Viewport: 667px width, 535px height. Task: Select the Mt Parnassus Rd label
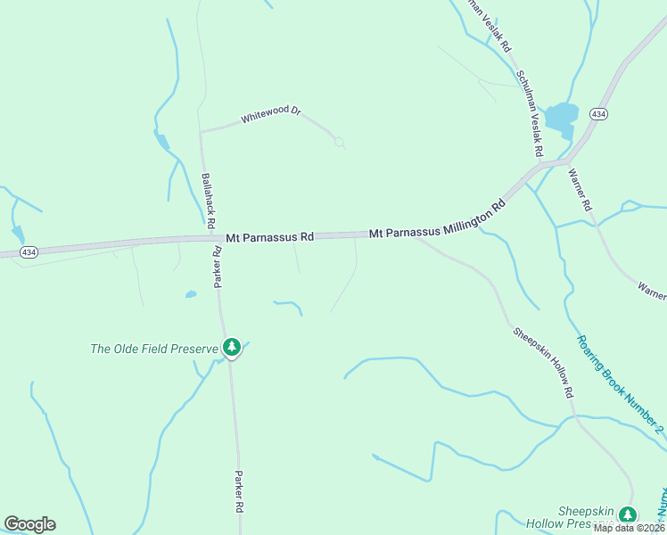[x=269, y=237]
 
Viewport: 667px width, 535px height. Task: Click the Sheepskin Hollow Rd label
[x=542, y=361]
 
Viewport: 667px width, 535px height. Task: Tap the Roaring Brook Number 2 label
[x=620, y=384]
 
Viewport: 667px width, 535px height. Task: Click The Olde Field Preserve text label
[x=154, y=349]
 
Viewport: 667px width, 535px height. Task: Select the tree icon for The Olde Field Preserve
[x=232, y=347]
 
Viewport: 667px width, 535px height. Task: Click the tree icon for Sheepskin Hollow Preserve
[x=628, y=514]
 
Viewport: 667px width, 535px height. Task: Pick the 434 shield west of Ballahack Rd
[x=29, y=252]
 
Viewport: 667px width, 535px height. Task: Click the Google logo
[x=29, y=523]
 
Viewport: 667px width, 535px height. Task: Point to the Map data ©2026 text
[x=629, y=528]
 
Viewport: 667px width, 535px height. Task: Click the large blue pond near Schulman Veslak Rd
[x=561, y=116]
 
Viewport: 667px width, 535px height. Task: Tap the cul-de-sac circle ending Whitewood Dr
[x=339, y=143]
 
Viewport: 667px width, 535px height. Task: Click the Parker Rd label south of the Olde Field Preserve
[x=239, y=491]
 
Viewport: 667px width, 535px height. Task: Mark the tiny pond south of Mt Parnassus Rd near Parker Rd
[x=190, y=294]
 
